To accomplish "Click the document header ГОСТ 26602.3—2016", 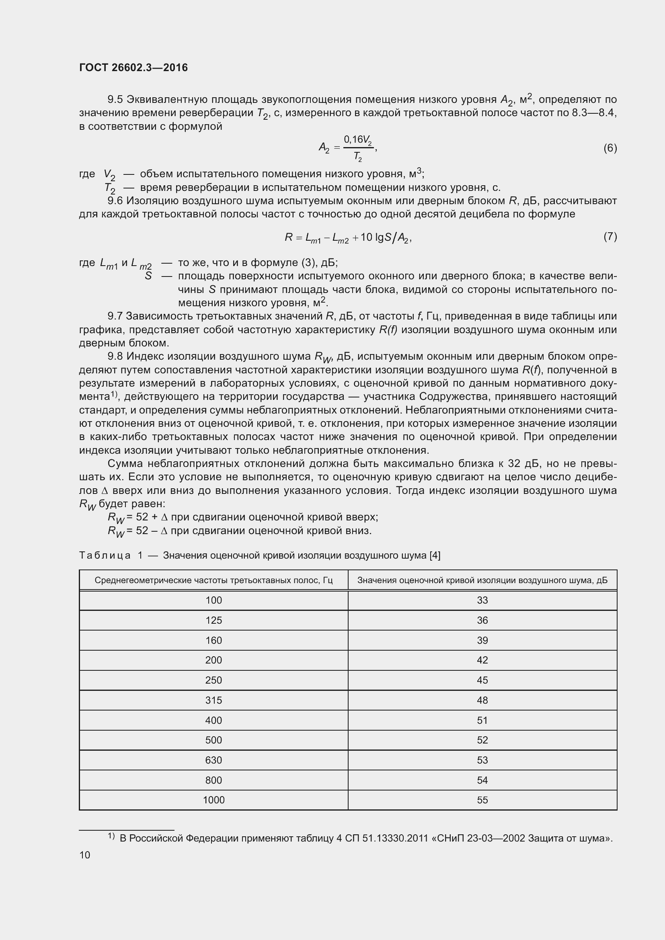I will [133, 68].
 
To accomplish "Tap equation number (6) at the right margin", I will [610, 148].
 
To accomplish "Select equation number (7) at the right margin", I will [610, 236].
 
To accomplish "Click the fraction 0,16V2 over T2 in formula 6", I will [358, 148].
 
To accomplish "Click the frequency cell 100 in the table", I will [213, 600].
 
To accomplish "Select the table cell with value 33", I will [482, 600].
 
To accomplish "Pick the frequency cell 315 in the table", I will [213, 700].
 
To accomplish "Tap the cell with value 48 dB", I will [482, 700].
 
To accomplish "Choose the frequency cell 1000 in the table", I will [213, 800].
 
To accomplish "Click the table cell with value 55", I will [482, 800].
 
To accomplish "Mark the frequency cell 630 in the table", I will [213, 760].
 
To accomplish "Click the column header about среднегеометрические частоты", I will [213, 580].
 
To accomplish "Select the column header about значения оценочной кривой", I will [482, 580].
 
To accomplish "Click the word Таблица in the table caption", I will [105, 555].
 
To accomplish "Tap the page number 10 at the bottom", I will [85, 855].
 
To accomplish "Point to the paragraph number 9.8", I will [115, 356].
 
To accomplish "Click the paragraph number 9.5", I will [115, 100].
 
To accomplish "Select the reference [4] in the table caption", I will [435, 555].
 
